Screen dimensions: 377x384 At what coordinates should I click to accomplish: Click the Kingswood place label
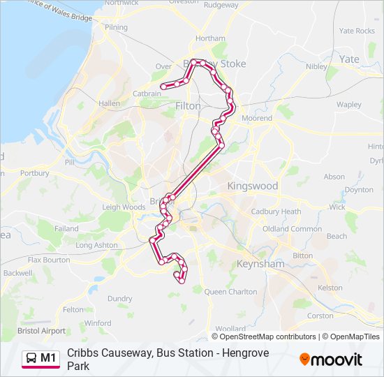pos(252,186)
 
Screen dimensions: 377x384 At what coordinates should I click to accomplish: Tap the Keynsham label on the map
pos(259,265)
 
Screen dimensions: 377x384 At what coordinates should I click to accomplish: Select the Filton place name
pos(189,106)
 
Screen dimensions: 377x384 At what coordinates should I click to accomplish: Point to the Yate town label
pos(349,59)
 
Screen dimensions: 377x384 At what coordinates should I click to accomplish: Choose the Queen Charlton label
pos(230,292)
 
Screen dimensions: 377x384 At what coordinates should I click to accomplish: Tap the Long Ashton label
pos(96,245)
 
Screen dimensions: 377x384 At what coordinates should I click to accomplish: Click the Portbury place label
pos(35,173)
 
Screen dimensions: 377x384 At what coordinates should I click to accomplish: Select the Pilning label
pos(116,27)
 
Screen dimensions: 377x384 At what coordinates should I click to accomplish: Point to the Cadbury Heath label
pos(276,212)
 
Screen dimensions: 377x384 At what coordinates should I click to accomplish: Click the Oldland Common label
pos(292,229)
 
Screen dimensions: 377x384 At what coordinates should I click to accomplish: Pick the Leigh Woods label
pos(124,207)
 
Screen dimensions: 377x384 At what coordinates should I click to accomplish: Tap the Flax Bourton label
pos(48,260)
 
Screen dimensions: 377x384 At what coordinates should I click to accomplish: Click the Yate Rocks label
pos(357,31)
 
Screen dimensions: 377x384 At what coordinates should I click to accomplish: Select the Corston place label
pos(320,316)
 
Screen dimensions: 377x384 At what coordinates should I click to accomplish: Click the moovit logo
pos(331,360)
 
